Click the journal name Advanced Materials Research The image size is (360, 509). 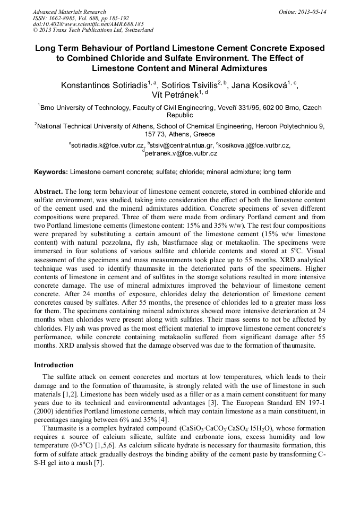[x=69, y=12]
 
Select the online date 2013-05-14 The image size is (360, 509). [x=312, y=12]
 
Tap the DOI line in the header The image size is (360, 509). [x=88, y=24]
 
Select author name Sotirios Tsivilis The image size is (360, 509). [x=182, y=85]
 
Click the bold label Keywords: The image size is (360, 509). [x=51, y=172]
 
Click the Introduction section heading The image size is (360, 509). [x=54, y=365]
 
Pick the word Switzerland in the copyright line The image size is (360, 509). [x=136, y=30]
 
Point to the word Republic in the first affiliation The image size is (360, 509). [x=179, y=115]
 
